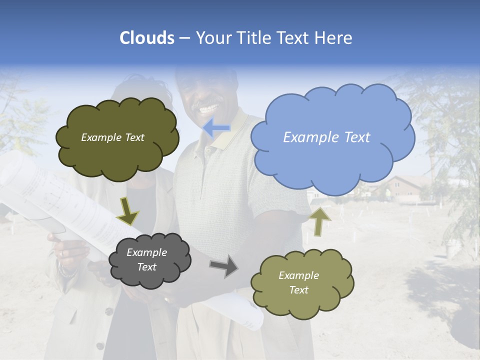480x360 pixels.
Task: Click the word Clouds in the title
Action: (147, 38)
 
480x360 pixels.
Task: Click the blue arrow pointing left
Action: (217, 128)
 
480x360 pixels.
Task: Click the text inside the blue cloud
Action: (326, 137)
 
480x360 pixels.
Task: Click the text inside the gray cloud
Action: (146, 260)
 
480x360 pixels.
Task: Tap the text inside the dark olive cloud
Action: (112, 137)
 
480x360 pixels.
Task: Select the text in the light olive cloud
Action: (298, 282)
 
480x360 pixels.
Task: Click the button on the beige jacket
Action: (108, 311)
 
